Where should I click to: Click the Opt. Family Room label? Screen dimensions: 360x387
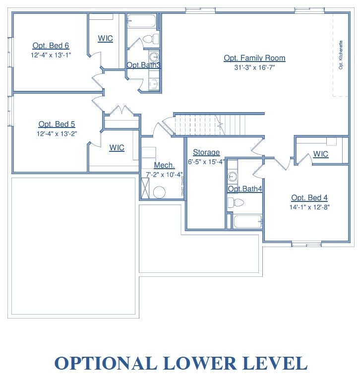254,58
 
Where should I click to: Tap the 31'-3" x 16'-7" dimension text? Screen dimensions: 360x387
254,67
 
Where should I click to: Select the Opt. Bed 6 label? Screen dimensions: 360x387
51,46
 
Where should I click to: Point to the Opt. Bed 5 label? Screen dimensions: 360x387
57,124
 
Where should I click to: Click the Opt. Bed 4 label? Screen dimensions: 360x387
309,197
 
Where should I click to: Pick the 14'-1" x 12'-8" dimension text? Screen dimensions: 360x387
309,207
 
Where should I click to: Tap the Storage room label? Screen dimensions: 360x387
206,152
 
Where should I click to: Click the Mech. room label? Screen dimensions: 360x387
164,165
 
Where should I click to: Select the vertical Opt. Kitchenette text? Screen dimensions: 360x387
341,55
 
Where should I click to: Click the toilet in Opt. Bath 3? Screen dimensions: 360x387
151,39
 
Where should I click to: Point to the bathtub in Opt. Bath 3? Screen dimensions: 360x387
142,21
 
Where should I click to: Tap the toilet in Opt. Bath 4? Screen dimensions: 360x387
236,202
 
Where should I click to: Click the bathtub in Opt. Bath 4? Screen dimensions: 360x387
247,221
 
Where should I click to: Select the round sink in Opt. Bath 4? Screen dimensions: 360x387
232,177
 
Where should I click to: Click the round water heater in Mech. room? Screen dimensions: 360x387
159,192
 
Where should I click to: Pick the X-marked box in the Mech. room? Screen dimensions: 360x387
145,188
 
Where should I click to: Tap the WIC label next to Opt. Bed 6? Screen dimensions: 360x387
105,39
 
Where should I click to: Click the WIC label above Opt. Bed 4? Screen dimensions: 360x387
320,154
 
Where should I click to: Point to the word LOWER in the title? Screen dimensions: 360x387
200,363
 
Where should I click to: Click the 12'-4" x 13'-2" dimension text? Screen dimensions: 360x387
57,134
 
